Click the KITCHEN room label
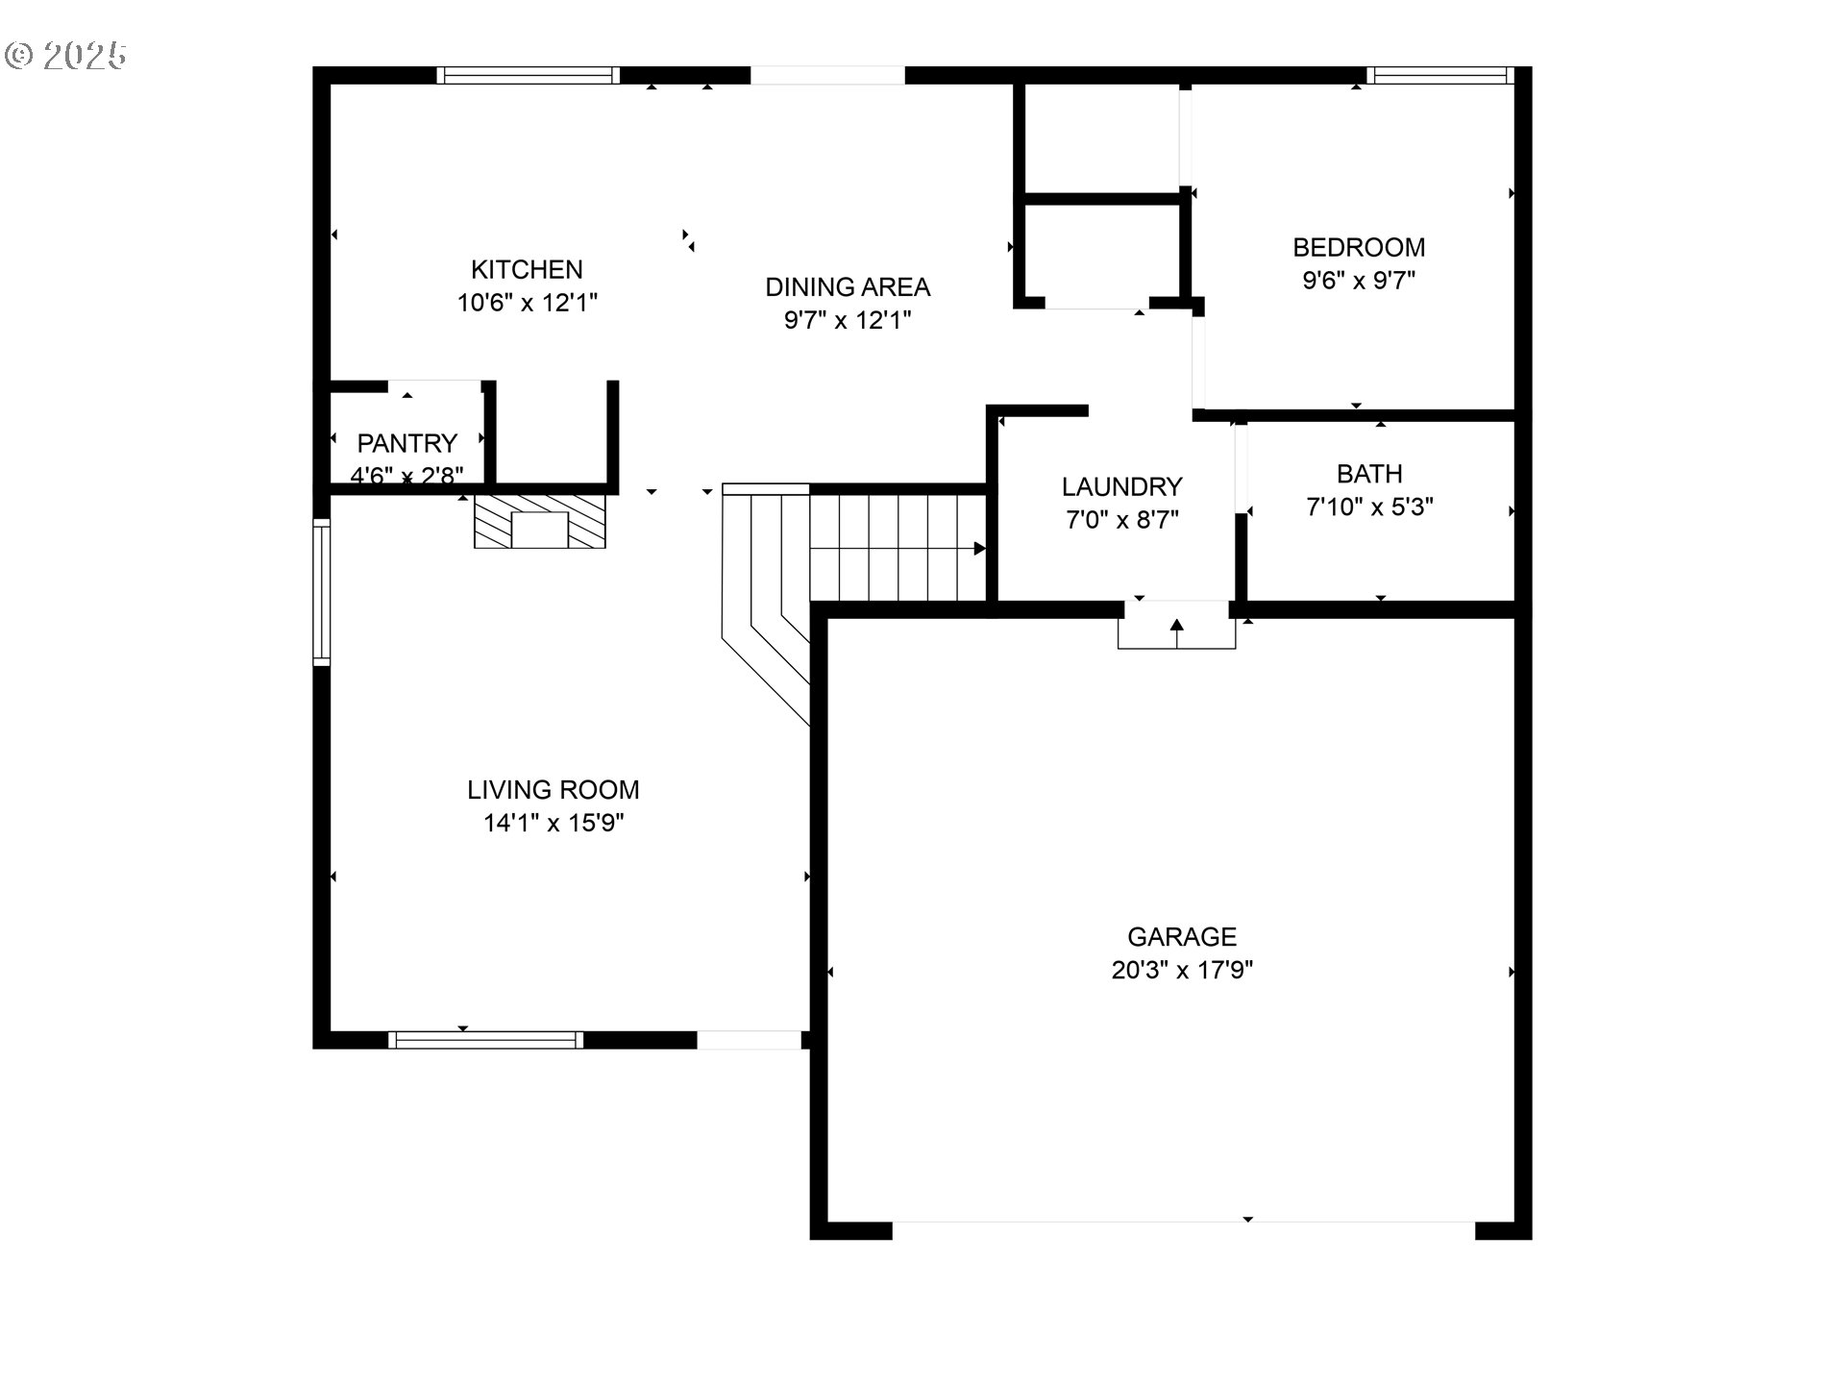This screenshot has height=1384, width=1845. point(527,269)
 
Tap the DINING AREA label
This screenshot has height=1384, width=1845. point(848,286)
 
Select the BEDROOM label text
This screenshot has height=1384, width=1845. point(1359,247)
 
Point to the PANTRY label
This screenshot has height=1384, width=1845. point(406,443)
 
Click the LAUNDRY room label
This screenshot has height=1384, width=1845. point(1121,486)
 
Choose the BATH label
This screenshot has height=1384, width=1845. point(1369,474)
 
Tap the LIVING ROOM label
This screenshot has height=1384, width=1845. point(553,790)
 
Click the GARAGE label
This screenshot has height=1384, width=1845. point(1182,937)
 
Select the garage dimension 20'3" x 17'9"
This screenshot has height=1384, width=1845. point(1182,970)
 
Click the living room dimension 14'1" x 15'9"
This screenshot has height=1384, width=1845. point(553,823)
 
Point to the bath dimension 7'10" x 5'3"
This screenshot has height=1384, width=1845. point(1369,507)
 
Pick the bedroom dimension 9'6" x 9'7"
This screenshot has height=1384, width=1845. point(1359,281)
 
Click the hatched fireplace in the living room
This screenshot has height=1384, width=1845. point(540,522)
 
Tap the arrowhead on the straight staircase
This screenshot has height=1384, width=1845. point(980,549)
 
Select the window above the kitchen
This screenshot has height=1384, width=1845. point(528,75)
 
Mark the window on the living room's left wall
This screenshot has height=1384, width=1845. point(322,592)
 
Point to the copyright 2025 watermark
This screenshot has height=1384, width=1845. point(66,56)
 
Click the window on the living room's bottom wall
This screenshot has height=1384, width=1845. point(485,1040)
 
